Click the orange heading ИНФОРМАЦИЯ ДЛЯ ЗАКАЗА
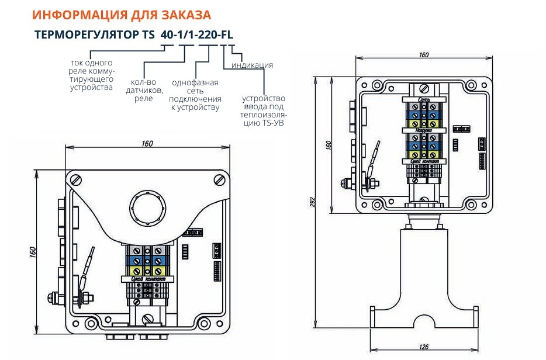[x=122, y=15]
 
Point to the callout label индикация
[x=252, y=65]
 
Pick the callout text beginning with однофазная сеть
[x=195, y=95]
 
